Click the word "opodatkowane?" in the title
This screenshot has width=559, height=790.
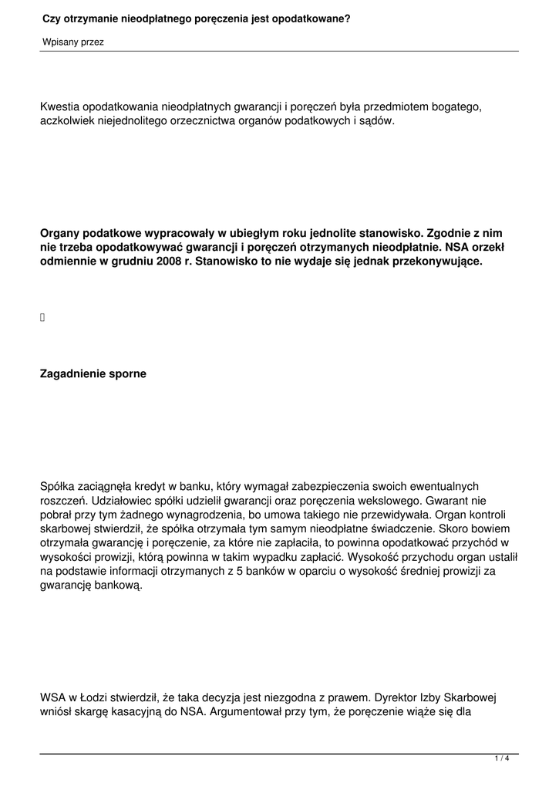click(x=311, y=17)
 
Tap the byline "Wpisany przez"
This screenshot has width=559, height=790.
click(x=72, y=42)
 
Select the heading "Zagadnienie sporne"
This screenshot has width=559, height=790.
click(x=93, y=374)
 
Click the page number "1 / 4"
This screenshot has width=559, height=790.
click(x=502, y=759)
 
